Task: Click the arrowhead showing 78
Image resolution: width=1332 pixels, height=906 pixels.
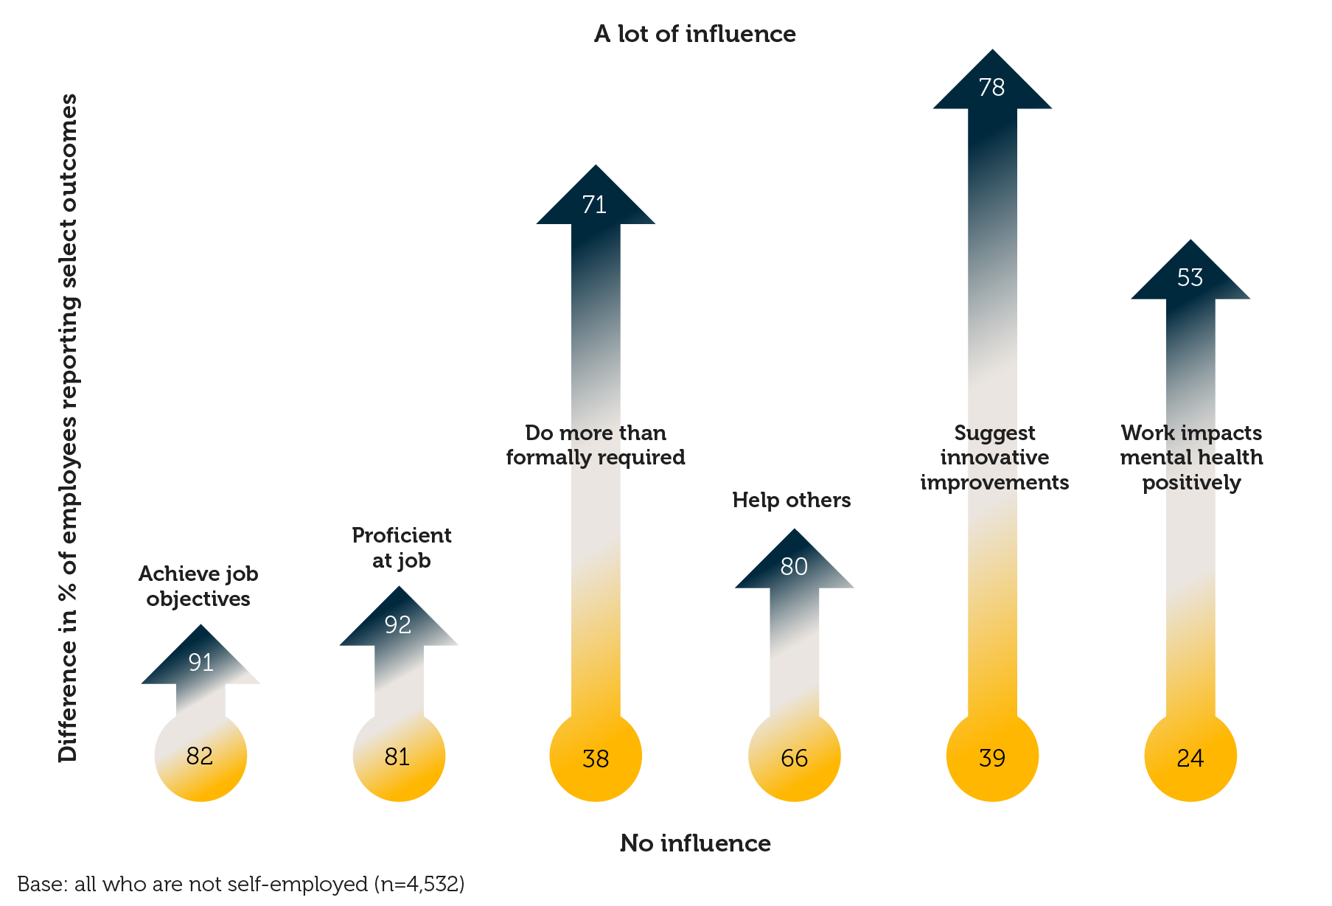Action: click(992, 85)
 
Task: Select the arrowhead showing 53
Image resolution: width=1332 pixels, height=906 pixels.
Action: click(1190, 275)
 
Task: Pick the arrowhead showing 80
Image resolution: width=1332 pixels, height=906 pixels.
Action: click(794, 564)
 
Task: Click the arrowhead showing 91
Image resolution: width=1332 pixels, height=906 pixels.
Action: click(201, 660)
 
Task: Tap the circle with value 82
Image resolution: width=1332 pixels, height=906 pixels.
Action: click(201, 756)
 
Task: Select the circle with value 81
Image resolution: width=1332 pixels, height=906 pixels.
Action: click(399, 756)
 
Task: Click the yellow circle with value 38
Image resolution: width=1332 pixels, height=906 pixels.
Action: click(596, 756)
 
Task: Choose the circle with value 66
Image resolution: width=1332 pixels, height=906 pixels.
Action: click(794, 756)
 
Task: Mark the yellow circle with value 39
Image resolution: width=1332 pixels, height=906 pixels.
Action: click(992, 756)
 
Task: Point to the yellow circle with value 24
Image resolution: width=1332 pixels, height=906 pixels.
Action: click(1190, 756)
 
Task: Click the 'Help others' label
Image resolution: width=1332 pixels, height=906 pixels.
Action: click(791, 500)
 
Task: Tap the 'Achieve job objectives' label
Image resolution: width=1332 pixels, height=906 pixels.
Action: click(198, 586)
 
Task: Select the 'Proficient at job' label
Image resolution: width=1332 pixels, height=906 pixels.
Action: click(401, 548)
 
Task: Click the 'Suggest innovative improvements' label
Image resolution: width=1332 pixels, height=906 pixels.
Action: click(994, 457)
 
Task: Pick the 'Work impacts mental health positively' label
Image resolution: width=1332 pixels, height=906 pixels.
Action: click(1191, 457)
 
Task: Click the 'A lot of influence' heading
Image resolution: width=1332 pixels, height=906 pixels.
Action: click(694, 34)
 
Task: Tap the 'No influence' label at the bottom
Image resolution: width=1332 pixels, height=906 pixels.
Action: click(695, 843)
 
